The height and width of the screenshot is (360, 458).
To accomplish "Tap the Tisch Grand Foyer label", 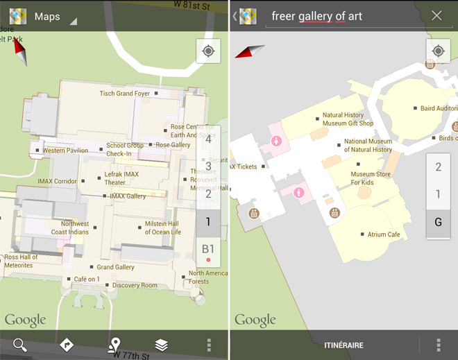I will point(125,94).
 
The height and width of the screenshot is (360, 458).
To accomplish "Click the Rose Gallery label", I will point(173,145).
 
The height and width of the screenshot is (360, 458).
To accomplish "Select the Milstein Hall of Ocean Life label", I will point(162,228).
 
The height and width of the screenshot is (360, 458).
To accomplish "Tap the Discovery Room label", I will point(135,285).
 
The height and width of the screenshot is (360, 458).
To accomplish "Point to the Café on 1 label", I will point(87,279).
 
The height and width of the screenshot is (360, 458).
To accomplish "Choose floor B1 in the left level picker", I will point(208,250).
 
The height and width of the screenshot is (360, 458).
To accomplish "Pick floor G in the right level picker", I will point(438,223).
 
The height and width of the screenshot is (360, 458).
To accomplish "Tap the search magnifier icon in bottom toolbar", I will point(19,345).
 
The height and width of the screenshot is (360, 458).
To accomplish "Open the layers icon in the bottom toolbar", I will point(161,345).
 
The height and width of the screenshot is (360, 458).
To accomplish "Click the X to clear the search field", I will point(436,15).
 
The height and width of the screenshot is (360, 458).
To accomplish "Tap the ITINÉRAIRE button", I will point(343,345).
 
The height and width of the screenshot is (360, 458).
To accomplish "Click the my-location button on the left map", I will point(208,51).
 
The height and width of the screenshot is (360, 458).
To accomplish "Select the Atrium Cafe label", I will point(384,235).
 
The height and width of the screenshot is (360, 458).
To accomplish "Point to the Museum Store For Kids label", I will point(371,178).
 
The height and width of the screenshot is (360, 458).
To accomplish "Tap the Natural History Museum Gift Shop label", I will point(348,119).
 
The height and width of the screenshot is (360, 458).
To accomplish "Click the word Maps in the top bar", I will point(47,16).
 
